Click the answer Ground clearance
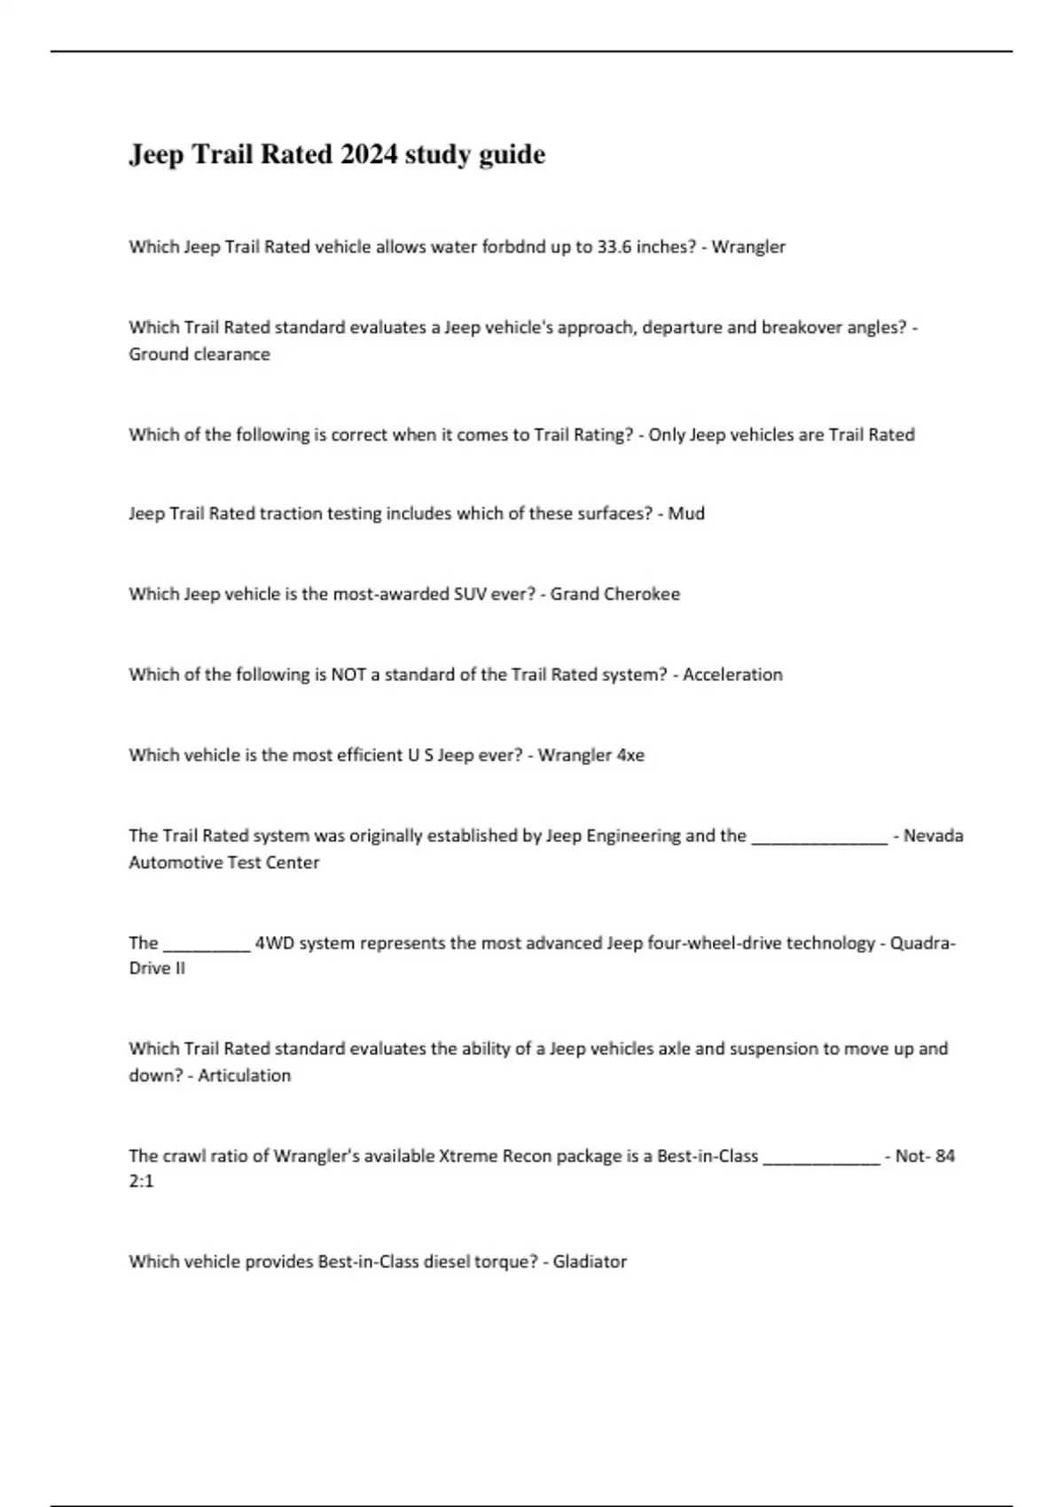point(199,355)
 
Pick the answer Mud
point(686,514)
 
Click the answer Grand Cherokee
point(615,595)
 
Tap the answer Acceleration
point(732,675)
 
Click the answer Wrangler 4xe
point(591,756)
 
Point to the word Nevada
point(933,836)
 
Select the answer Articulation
point(245,1076)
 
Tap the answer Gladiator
point(590,1262)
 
